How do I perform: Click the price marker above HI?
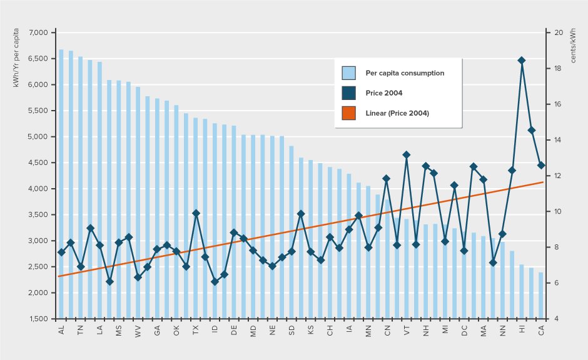pos(522,60)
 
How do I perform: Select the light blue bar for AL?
pos(61,187)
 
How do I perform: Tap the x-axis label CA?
pos(541,330)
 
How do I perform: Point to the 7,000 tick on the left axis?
pos(37,32)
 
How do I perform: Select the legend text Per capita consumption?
pos(405,73)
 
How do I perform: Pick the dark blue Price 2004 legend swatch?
pos(349,93)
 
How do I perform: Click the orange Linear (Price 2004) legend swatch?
pos(349,113)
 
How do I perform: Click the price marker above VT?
pos(407,154)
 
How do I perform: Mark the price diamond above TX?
pos(196,213)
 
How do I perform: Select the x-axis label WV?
pos(138,330)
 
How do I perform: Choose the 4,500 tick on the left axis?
pos(37,162)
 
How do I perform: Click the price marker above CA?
pos(541,165)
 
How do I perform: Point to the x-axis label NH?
pos(426,330)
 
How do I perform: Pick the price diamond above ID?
pos(215,282)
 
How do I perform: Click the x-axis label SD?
pos(291,330)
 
